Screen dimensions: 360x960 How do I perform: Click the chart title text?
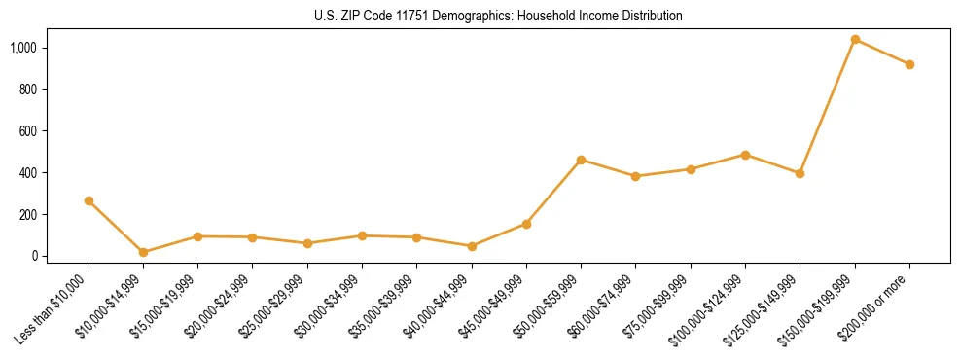pos(499,17)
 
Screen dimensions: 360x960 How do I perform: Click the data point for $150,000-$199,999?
pos(855,39)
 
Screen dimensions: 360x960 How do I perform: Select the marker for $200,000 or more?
pos(909,64)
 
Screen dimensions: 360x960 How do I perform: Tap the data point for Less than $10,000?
pos(89,200)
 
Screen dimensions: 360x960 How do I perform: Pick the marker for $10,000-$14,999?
pos(143,252)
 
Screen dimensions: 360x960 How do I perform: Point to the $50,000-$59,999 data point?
pos(581,160)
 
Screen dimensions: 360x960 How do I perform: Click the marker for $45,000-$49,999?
pos(526,224)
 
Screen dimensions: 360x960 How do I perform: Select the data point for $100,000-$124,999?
pos(745,155)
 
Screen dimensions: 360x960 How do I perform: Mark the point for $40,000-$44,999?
pos(472,246)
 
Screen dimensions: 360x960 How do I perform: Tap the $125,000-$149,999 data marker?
pos(800,173)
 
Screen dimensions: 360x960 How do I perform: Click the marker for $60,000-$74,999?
pos(635,176)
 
